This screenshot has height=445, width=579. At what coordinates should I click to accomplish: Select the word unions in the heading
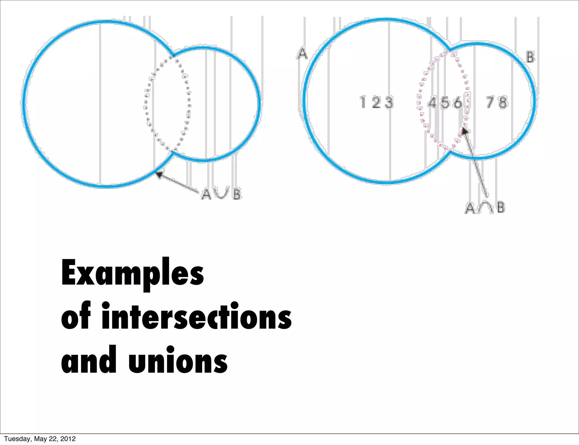tap(178, 360)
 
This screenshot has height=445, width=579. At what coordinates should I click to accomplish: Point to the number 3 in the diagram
tap(389, 102)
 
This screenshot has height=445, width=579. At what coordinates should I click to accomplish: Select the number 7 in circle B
tap(490, 102)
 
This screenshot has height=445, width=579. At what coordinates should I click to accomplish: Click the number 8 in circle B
tap(503, 102)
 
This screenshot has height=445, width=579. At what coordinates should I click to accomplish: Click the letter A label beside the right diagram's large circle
tap(303, 54)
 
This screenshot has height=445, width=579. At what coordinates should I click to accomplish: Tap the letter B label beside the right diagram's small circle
tap(530, 57)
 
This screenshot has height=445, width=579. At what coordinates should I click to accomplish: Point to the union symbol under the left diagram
tap(221, 194)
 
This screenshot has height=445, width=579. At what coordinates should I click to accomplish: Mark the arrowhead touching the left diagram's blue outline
tap(160, 175)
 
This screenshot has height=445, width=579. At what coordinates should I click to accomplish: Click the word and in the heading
tap(89, 360)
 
